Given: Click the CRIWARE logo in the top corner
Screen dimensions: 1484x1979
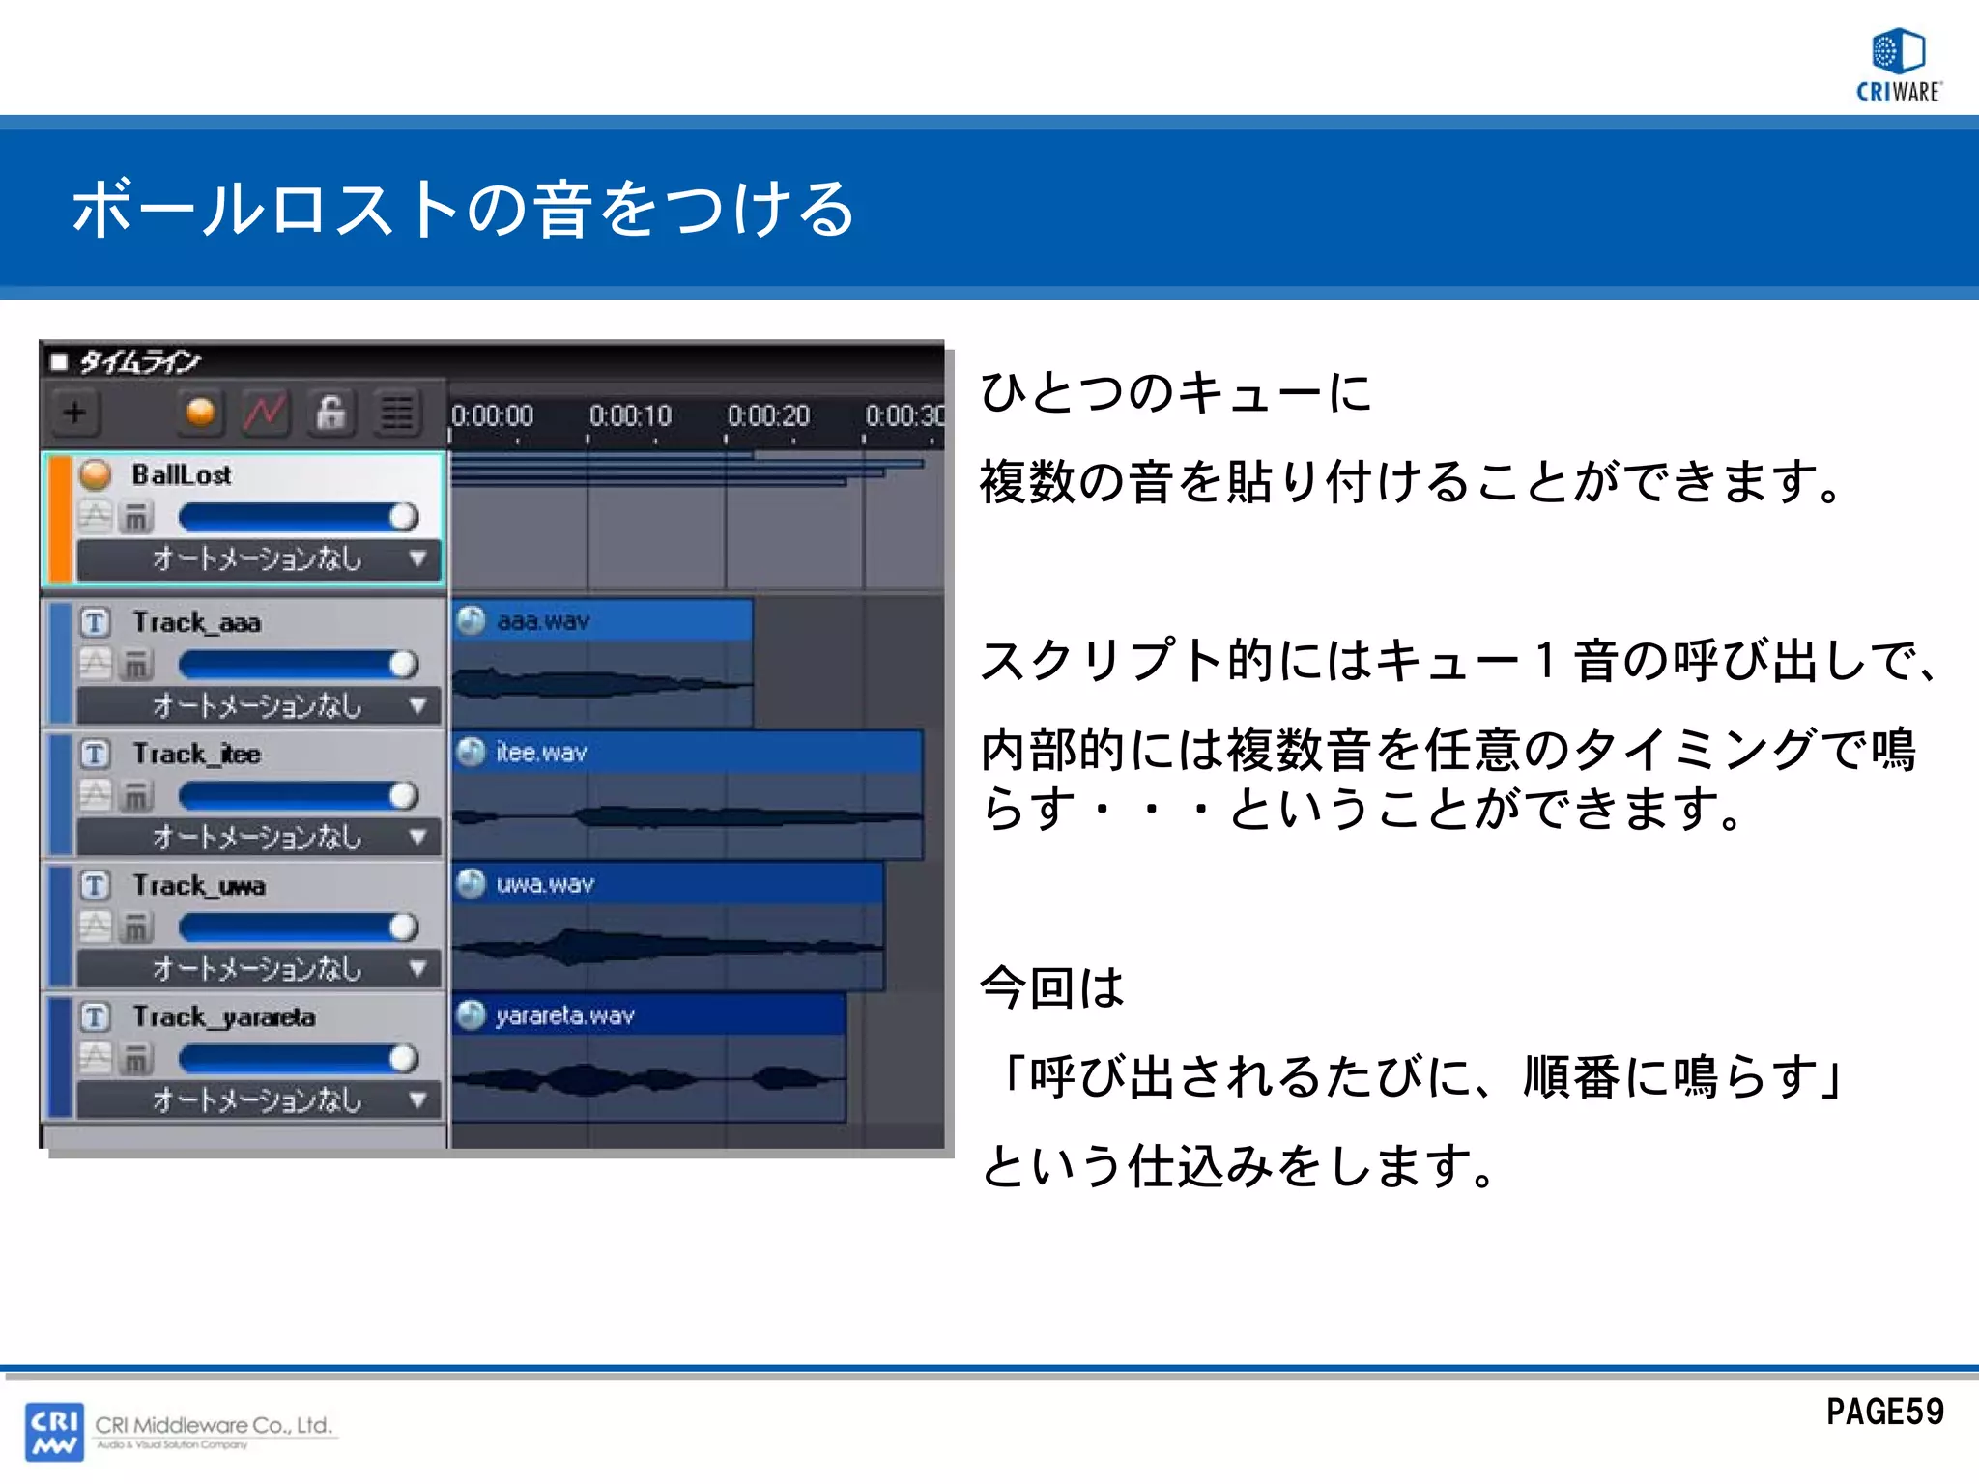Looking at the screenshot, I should point(1898,66).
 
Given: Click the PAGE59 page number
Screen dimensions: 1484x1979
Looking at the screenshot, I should point(1884,1413).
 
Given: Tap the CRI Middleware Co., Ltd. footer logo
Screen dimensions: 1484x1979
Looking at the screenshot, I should point(182,1431).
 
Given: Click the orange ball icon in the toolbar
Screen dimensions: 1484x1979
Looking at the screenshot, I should point(200,414).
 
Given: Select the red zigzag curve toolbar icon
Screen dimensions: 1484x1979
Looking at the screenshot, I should point(265,414).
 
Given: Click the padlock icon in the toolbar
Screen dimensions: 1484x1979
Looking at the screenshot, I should point(330,414).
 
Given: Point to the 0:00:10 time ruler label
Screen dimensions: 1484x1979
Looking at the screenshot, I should point(630,416).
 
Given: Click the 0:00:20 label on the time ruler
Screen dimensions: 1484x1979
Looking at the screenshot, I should point(768,416).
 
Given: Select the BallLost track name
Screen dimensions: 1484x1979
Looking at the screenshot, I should point(182,475).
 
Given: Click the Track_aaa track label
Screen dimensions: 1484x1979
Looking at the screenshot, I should point(197,623).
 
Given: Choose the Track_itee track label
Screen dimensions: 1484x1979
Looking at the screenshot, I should point(197,755).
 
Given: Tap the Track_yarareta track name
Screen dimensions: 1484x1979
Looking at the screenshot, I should point(224,1017).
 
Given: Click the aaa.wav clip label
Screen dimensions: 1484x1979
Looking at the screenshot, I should point(543,621).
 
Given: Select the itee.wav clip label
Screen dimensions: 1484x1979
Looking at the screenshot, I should point(541,753).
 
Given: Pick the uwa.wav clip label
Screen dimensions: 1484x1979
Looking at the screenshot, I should point(545,884).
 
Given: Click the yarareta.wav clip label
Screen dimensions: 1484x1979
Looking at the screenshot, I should point(565,1015).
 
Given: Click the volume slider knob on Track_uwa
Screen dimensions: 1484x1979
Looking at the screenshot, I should point(404,927).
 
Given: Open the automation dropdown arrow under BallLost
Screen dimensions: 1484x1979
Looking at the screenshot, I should point(417,558).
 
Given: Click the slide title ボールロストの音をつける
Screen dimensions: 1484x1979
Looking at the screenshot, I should point(464,209).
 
